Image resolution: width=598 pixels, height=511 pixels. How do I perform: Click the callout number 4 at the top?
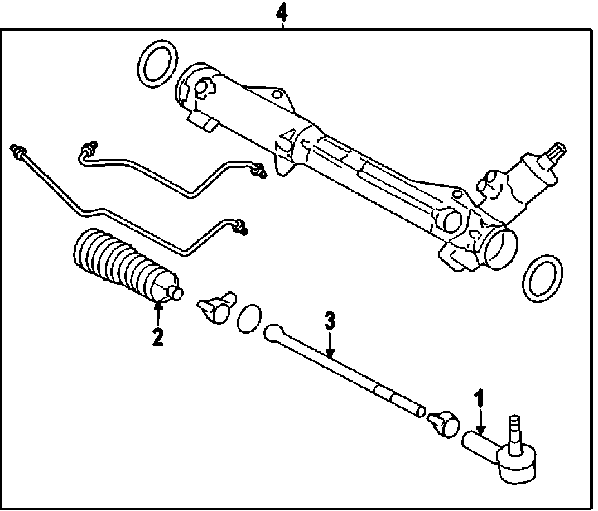[x=284, y=12]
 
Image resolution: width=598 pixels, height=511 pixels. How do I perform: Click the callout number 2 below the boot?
[x=158, y=336]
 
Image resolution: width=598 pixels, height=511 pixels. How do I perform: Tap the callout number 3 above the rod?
[x=330, y=322]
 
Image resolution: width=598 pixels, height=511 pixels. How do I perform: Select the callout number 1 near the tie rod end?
[x=478, y=400]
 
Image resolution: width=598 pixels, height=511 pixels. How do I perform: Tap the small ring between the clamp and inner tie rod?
[x=249, y=318]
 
